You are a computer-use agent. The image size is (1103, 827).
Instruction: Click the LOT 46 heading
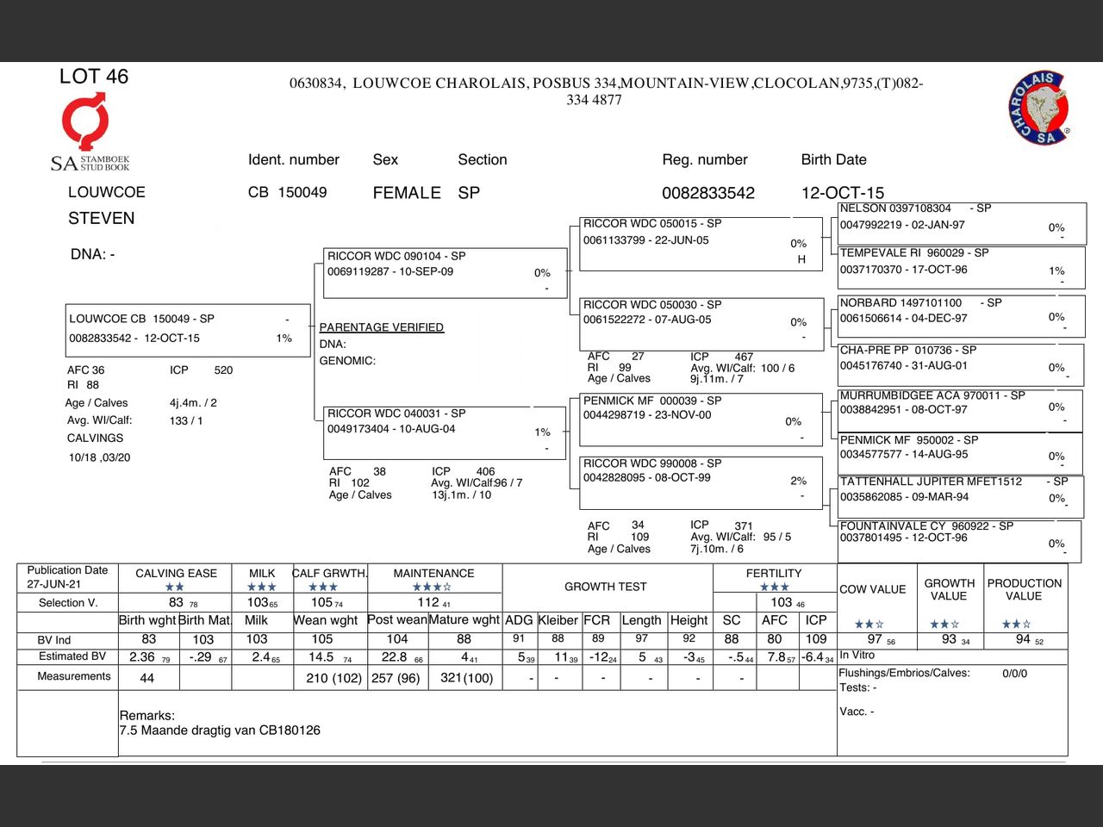click(94, 77)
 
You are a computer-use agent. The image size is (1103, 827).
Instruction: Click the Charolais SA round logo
click(1039, 108)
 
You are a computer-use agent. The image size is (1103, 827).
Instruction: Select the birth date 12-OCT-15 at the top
click(842, 193)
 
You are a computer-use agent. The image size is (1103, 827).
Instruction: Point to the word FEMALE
click(407, 193)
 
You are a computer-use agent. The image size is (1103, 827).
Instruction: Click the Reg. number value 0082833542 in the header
click(707, 193)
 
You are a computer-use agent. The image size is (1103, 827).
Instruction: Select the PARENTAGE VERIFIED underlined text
click(381, 327)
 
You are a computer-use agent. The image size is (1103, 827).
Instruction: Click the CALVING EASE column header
click(176, 574)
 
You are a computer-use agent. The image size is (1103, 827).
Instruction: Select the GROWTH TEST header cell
click(605, 587)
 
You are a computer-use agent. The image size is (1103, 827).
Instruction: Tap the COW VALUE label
click(872, 589)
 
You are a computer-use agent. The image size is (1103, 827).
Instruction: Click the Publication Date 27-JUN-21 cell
click(67, 577)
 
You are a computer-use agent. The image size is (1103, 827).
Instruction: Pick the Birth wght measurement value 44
click(147, 678)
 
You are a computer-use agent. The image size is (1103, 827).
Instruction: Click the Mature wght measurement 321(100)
click(466, 678)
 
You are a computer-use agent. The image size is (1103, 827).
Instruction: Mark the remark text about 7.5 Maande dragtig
click(220, 731)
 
